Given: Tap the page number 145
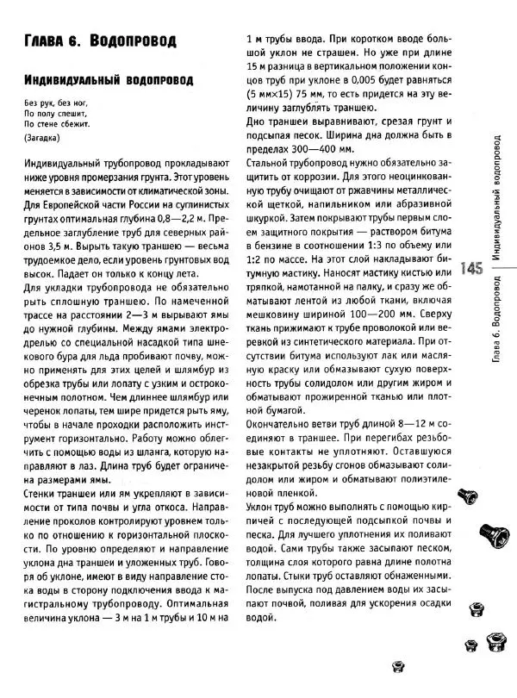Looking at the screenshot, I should [x=472, y=268].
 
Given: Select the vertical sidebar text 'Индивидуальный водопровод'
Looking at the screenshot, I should [x=497, y=202].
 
